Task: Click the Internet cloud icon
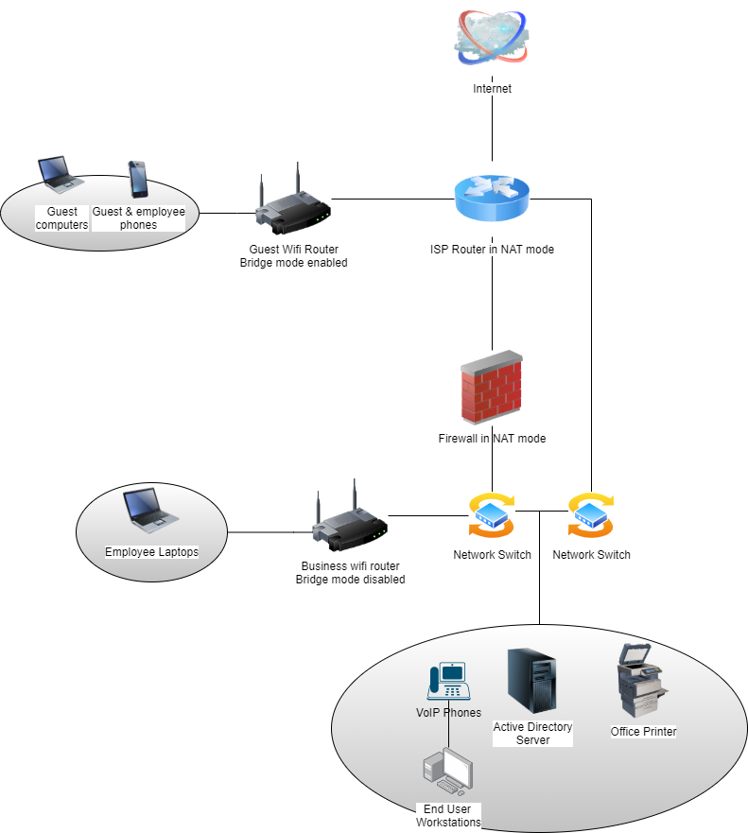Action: tap(492, 38)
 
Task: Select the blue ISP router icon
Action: tap(492, 199)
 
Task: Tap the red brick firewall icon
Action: tap(492, 388)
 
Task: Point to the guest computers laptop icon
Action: tap(61, 174)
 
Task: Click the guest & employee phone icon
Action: tap(138, 180)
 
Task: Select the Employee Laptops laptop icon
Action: tap(151, 510)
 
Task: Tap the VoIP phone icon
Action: tap(449, 681)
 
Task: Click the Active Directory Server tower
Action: tap(531, 681)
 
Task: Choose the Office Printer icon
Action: tap(642, 681)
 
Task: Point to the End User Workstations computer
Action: tap(448, 771)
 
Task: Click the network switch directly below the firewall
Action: tap(492, 515)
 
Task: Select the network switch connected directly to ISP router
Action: tap(591, 515)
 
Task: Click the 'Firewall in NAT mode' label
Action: tap(492, 439)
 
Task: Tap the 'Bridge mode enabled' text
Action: tap(293, 263)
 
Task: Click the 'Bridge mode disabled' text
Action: tap(350, 579)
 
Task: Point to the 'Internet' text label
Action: tap(492, 89)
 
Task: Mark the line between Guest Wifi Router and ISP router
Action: tap(392, 200)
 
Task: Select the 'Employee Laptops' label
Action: tap(151, 552)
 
